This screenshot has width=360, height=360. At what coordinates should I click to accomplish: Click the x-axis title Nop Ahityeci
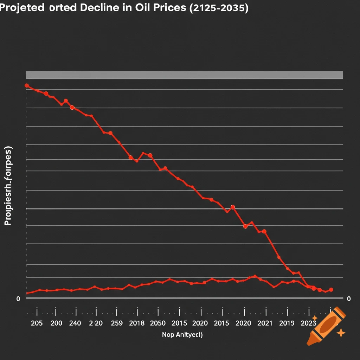[182, 335]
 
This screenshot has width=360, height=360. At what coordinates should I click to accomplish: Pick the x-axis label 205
[37, 323]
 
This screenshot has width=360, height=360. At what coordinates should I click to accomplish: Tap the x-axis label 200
[56, 323]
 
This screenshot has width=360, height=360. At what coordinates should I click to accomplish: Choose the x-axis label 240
[75, 323]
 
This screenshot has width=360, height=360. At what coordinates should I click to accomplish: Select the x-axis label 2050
[158, 323]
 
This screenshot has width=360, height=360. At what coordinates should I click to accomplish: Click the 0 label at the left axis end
[18, 299]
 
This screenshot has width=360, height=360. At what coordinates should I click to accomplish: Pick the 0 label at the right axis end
[348, 299]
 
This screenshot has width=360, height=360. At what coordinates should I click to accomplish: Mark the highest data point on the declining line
[27, 85]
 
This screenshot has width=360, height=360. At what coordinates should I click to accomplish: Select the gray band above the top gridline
[185, 75]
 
